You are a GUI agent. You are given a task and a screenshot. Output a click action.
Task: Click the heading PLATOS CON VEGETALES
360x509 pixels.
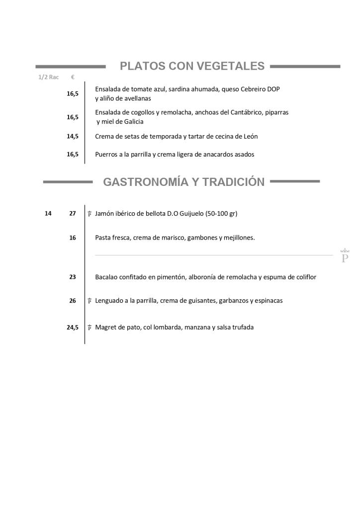192,66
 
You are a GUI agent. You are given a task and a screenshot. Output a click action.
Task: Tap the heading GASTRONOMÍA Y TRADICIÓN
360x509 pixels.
183,182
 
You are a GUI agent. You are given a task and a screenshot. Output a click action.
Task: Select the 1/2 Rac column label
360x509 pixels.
49,77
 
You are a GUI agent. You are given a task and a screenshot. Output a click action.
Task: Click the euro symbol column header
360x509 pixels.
73,77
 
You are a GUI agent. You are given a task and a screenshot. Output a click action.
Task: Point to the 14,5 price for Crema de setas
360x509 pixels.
73,136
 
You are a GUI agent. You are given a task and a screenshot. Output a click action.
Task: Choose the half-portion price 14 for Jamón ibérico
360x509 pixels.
48,213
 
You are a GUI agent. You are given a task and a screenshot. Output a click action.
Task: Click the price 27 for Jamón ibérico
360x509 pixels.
73,213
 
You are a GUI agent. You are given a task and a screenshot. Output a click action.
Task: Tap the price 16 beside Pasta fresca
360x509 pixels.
73,238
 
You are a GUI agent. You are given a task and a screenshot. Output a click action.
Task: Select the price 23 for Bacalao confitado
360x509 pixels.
73,277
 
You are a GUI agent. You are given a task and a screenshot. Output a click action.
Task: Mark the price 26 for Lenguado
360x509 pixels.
73,301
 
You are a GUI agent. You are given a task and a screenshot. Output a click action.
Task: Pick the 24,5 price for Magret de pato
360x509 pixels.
73,328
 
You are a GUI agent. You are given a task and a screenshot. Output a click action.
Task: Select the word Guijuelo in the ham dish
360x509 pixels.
190,213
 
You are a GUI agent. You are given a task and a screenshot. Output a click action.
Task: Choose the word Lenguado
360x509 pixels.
110,301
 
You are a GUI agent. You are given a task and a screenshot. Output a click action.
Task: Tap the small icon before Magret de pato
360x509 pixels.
90,328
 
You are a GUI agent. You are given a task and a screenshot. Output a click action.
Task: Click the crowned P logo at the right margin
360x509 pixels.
344,255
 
